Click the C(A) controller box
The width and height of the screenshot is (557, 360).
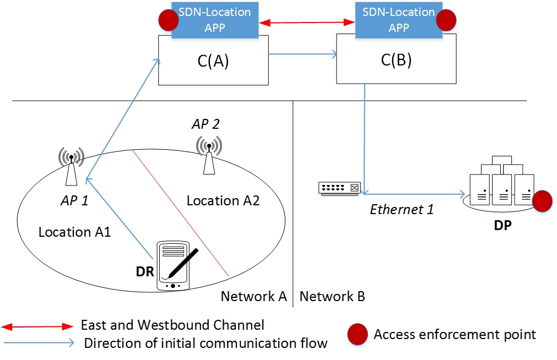point(213,61)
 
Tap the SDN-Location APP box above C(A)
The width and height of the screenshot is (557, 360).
point(214,19)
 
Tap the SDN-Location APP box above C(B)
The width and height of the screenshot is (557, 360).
point(398,19)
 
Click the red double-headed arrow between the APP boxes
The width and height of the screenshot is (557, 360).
point(307,23)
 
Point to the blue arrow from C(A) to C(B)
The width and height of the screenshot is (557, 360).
point(303,54)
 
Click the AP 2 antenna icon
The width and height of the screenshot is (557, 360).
point(209,155)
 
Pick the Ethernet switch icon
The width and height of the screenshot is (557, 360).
point(339,188)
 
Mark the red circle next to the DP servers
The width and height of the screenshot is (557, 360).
point(543,200)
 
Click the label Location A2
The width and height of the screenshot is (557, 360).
point(223,200)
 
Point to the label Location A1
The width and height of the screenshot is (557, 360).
point(74,232)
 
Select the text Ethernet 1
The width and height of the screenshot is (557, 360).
point(402,209)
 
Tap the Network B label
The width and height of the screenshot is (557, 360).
point(332,297)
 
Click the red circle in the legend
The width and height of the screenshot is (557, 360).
point(356,334)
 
